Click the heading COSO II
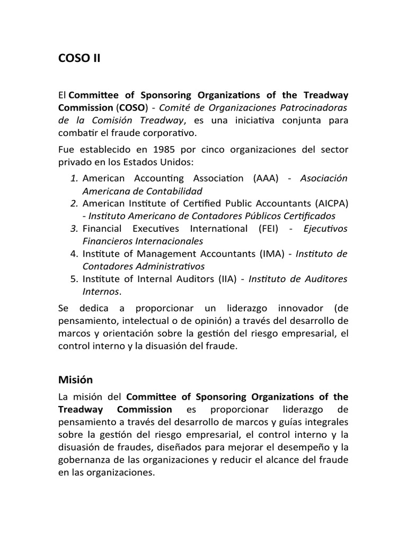tap(79, 59)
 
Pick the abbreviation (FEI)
tap(273, 228)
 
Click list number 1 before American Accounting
tap(74, 178)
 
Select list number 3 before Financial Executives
tap(74, 228)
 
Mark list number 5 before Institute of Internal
tap(74, 279)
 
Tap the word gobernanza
tap(84, 460)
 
